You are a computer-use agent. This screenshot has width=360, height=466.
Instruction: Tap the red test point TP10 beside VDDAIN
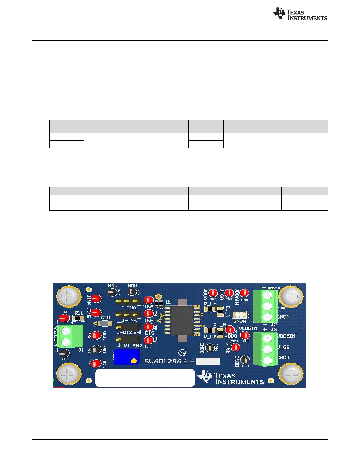pyautogui.click(x=244, y=293)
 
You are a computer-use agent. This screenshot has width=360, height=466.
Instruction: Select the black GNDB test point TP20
pyautogui.click(x=210, y=348)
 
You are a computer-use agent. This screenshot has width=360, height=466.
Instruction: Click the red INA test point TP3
pyautogui.click(x=149, y=300)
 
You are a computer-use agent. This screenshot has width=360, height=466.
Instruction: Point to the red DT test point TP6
pyautogui.click(x=149, y=340)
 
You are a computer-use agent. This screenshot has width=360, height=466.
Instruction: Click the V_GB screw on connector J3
pyautogui.click(x=267, y=349)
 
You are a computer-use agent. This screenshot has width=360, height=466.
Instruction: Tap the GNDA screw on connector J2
pyautogui.click(x=267, y=317)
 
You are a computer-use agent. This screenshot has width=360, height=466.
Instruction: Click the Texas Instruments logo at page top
pyautogui.click(x=300, y=14)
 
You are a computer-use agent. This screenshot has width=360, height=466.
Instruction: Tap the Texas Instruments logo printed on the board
pyautogui.click(x=231, y=378)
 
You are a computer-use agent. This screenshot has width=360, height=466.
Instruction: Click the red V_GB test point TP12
pyautogui.click(x=235, y=347)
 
